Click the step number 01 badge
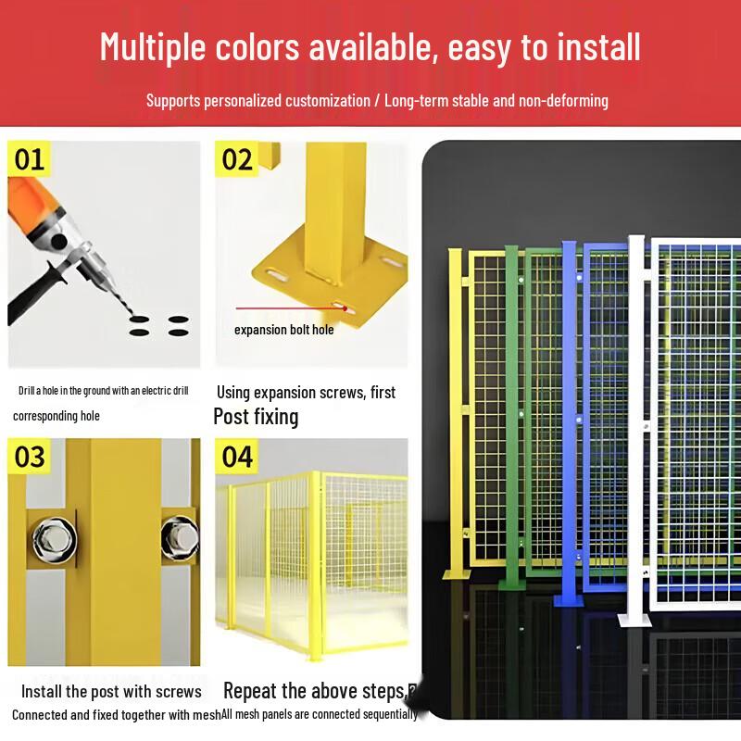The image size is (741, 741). pos(30,160)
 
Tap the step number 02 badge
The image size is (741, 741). pos(238,160)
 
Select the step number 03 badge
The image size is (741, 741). pos(30,457)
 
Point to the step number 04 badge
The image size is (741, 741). pos(238,457)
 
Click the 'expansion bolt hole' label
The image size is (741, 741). pos(283,330)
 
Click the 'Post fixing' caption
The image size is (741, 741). pos(256,416)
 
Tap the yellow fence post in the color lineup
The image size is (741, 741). pos(455,408)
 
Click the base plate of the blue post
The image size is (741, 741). pos(569,600)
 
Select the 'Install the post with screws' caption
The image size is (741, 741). pos(111,691)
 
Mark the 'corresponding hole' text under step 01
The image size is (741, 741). pos(57,416)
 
